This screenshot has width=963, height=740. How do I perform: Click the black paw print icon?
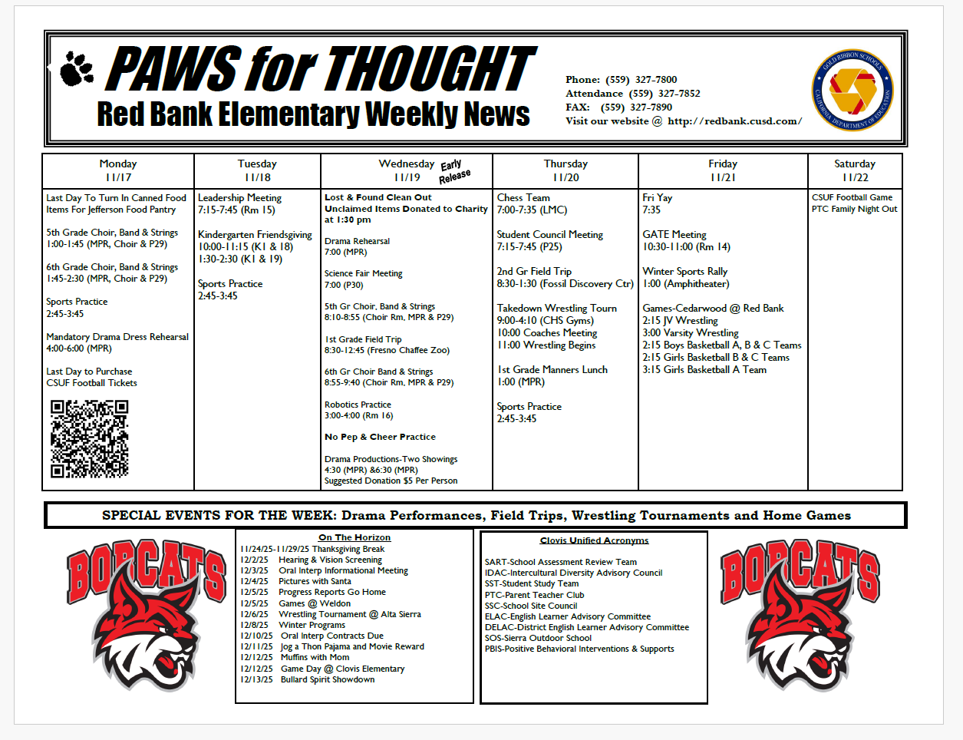tap(76, 68)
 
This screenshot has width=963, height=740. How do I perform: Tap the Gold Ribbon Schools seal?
tap(853, 91)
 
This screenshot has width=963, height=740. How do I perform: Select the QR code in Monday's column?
tap(89, 439)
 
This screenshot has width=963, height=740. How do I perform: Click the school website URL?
tap(734, 121)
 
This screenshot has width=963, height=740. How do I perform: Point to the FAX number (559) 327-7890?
tap(635, 107)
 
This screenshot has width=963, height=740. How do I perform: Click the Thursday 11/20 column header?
tap(566, 170)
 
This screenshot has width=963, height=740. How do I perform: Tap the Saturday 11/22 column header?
tap(855, 170)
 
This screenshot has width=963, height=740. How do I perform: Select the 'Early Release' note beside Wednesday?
tap(453, 171)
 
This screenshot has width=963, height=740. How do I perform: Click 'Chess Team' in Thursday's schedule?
tap(523, 197)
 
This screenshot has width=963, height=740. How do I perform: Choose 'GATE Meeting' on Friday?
tap(674, 234)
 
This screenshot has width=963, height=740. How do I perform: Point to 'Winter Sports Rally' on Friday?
tap(684, 271)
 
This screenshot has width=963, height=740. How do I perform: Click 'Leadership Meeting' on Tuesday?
tap(239, 197)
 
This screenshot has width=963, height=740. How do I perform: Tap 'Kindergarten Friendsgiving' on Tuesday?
tap(255, 234)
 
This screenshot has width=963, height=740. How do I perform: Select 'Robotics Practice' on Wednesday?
tap(358, 405)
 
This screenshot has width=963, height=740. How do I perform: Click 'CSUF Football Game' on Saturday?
tap(852, 197)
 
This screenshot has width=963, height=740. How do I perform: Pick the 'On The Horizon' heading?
tap(355, 537)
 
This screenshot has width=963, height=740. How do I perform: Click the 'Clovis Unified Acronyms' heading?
tap(594, 540)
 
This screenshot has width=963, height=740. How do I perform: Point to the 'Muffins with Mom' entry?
tap(315, 657)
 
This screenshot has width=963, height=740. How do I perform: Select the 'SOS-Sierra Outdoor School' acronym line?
tap(538, 638)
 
